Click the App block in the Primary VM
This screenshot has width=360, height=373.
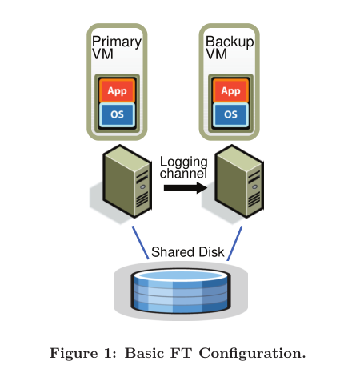click(117, 90)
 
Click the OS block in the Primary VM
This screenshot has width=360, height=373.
click(117, 114)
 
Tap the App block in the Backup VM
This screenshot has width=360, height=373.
click(230, 90)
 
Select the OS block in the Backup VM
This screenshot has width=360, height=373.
click(230, 114)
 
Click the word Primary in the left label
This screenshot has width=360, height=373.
click(116, 42)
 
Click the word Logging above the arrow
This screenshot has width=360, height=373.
click(184, 162)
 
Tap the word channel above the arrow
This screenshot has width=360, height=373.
click(184, 174)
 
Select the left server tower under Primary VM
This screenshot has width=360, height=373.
click(128, 183)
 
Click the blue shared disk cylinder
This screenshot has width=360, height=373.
click(180, 291)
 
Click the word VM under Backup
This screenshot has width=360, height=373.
click(216, 54)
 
